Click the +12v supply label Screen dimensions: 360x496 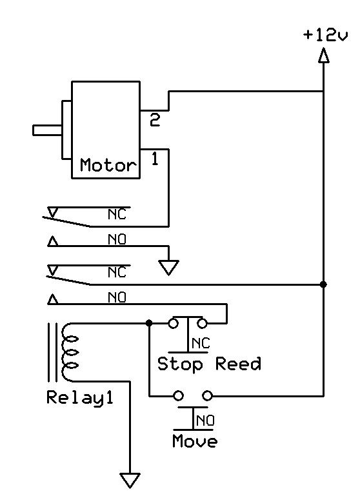(325, 35)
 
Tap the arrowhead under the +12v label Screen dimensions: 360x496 (323, 55)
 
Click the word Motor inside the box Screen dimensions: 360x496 (108, 165)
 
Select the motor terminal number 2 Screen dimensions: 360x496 (155, 120)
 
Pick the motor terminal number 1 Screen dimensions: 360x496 (155, 159)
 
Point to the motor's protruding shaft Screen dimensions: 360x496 (48, 130)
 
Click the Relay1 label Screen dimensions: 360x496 (80, 397)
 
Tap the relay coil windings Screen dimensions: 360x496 (70, 352)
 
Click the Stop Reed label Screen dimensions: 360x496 (209, 364)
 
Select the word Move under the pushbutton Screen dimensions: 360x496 (195, 441)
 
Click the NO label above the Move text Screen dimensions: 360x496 (205, 421)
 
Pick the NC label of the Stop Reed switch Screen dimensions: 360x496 (201, 343)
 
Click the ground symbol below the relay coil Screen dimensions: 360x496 (130, 480)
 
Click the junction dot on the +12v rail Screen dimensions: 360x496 (323, 284)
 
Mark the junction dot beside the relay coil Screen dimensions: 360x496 (149, 323)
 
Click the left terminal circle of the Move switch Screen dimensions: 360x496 (179, 396)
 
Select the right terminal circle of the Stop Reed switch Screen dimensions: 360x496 (202, 323)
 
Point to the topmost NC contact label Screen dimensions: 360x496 (117, 215)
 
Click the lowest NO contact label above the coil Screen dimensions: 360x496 (117, 297)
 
